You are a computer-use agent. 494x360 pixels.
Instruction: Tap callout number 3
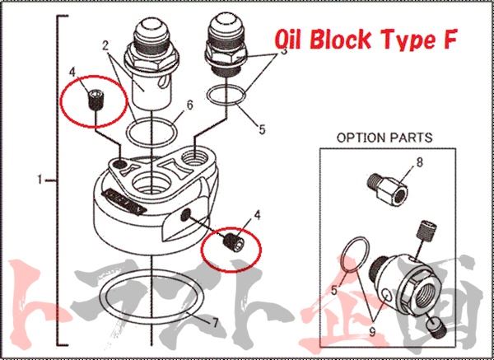click(282, 50)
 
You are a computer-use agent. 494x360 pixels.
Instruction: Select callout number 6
click(189, 105)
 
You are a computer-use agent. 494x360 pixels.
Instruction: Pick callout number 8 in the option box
click(419, 161)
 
